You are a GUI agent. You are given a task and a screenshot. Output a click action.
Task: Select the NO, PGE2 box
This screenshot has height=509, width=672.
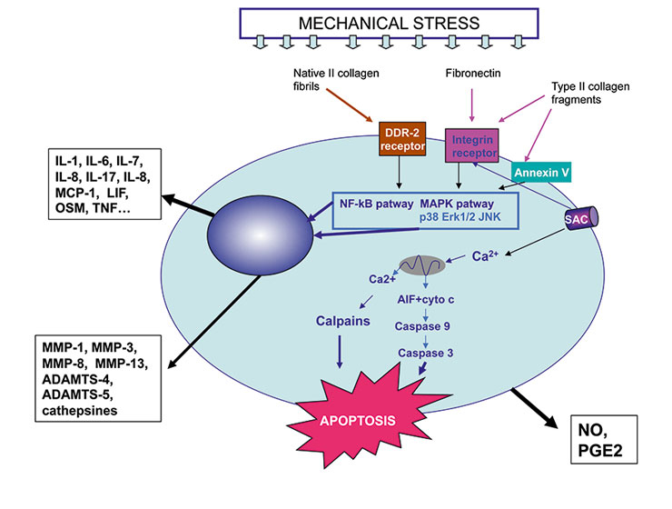609,441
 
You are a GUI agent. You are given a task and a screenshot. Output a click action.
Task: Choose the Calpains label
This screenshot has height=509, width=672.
342,320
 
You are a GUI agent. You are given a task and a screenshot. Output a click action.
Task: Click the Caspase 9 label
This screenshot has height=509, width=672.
423,324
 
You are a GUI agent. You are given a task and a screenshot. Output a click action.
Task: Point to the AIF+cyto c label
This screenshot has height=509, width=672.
423,297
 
